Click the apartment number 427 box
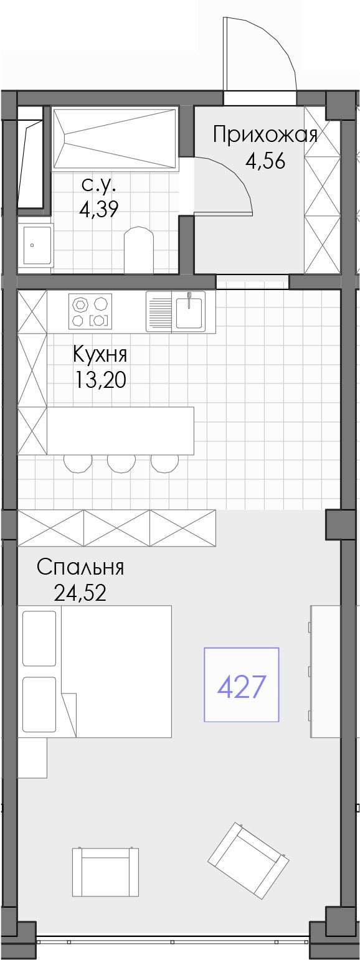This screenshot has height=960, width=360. [x=242, y=684]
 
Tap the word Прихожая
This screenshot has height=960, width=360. [x=265, y=135]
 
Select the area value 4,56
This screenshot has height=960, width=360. [x=265, y=161]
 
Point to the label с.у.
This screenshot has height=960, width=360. [x=98, y=184]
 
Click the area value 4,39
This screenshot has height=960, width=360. [x=98, y=209]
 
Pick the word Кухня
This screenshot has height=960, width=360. [x=100, y=354]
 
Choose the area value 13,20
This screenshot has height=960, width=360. [x=100, y=379]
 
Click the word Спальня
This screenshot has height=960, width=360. [x=80, y=567]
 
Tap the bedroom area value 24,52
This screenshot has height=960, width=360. [x=80, y=593]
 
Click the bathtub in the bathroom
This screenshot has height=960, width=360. [x=115, y=138]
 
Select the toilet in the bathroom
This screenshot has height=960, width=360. [x=138, y=250]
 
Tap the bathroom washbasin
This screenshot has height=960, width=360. [x=36, y=245]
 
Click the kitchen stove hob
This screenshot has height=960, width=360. [x=90, y=311]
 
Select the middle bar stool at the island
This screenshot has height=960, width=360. [x=121, y=463]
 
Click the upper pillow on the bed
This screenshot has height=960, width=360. [x=39, y=638]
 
